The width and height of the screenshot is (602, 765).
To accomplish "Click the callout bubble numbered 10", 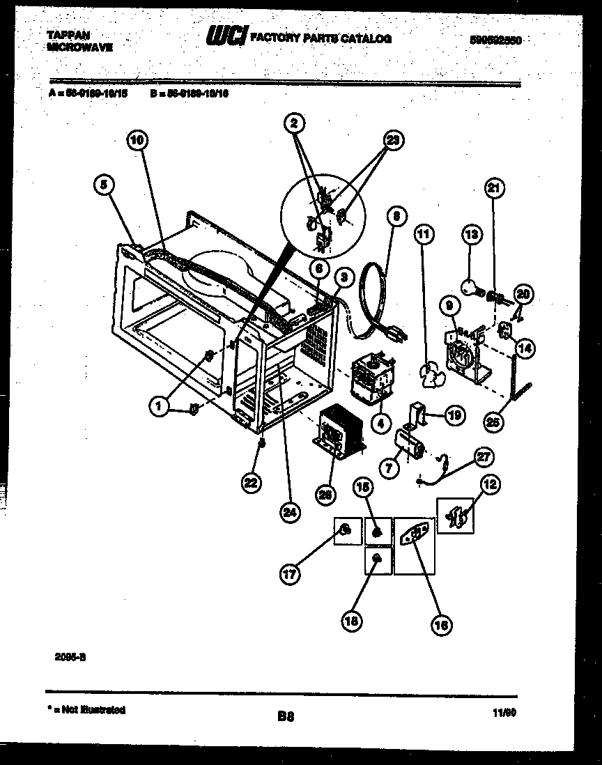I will (x=138, y=140).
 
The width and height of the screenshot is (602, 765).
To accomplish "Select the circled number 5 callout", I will (x=104, y=185).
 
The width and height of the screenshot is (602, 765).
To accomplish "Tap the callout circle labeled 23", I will (x=394, y=139).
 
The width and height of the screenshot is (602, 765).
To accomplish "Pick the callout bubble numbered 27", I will (x=484, y=457).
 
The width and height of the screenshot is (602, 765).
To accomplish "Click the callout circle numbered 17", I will (x=290, y=575).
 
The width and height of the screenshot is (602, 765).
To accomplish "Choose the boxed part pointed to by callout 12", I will (x=455, y=516).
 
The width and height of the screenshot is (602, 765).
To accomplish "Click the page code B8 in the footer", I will (x=286, y=716).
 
